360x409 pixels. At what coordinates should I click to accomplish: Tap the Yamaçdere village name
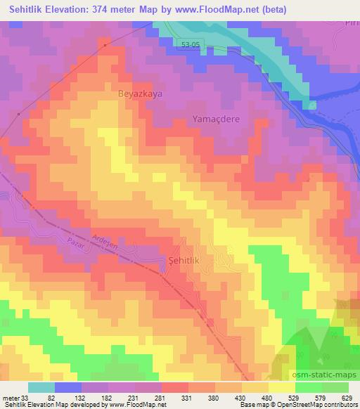(217, 119)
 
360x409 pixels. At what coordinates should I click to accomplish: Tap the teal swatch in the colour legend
(42, 387)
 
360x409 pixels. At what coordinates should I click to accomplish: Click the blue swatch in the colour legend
(69, 387)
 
